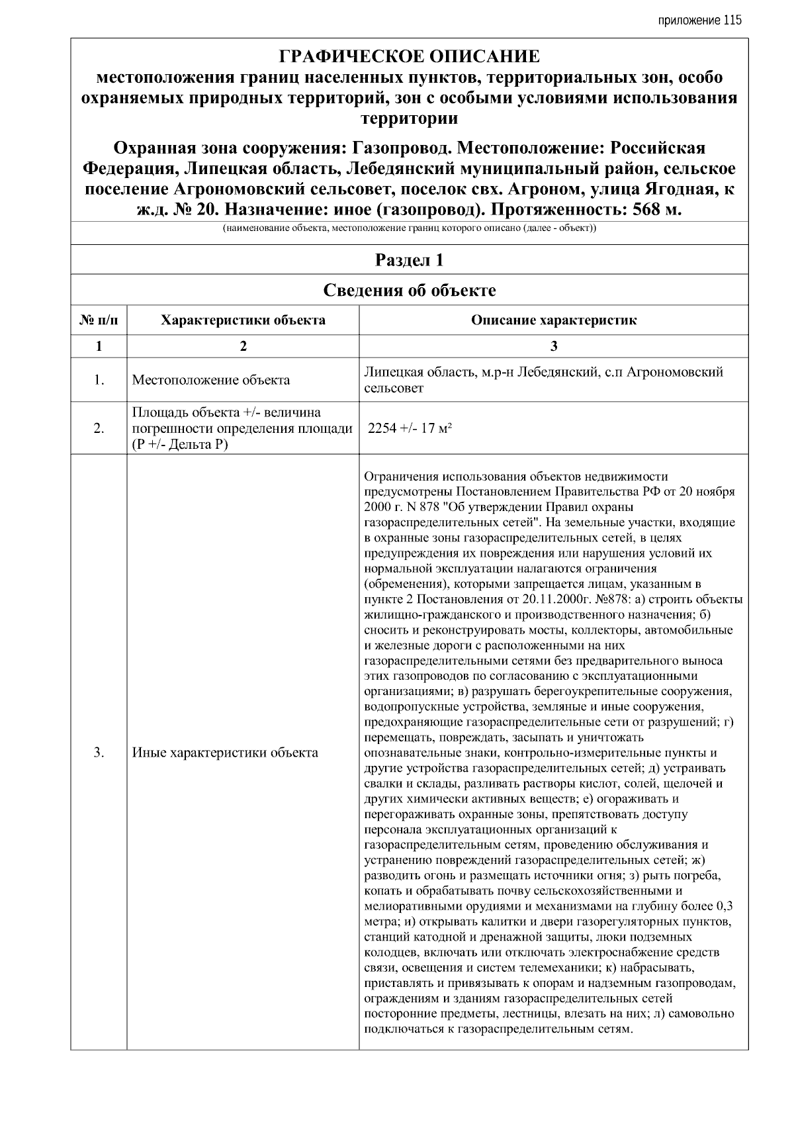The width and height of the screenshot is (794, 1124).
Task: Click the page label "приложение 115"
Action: [x=700, y=20]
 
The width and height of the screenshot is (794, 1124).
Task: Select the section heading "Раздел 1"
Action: [x=409, y=260]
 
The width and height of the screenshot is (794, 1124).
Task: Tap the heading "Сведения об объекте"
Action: [x=409, y=290]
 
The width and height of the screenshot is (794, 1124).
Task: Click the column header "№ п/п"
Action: [x=99, y=320]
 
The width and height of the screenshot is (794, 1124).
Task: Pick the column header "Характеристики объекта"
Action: [x=243, y=320]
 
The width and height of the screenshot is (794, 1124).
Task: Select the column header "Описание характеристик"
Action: [x=553, y=320]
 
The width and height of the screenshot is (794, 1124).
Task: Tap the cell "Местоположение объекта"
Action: [x=210, y=380]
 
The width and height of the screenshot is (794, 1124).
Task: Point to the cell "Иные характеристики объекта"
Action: [x=225, y=753]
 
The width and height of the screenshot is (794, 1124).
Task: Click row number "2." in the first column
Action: [x=99, y=428]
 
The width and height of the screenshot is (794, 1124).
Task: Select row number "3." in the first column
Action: [x=99, y=753]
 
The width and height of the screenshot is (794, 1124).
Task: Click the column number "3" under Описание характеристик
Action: [x=554, y=346]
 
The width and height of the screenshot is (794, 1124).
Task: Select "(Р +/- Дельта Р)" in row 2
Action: [x=179, y=444]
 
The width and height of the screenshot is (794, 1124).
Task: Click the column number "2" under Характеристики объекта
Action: [x=243, y=346]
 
